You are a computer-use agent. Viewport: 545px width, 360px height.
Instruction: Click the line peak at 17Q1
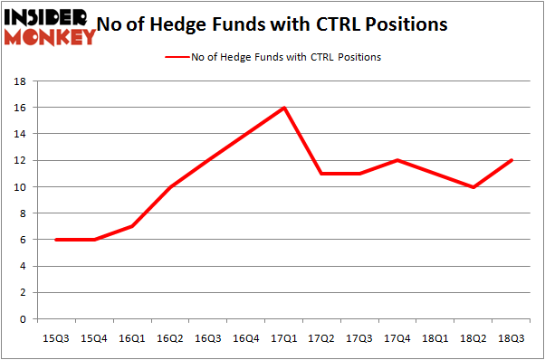285,108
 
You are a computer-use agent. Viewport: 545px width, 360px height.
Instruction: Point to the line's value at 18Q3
513,160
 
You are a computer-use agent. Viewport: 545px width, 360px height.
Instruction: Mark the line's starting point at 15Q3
57,240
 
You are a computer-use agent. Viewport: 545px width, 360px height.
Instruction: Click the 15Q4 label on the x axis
95,336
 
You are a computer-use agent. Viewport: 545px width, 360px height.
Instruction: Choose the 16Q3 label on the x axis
209,336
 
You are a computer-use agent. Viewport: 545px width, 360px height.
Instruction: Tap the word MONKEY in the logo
50,37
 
